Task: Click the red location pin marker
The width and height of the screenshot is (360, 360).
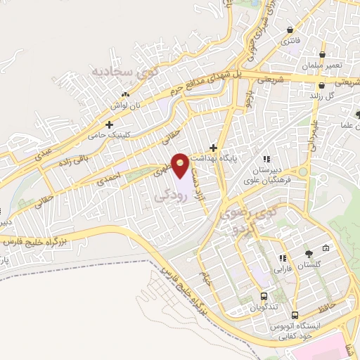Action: [x=181, y=164]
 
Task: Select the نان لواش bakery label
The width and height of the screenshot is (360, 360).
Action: [x=124, y=104]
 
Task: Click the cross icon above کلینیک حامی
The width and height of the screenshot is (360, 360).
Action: [x=110, y=124]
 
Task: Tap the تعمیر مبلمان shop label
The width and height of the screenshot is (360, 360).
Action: [x=323, y=65]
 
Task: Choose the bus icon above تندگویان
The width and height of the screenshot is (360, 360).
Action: [x=264, y=296]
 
